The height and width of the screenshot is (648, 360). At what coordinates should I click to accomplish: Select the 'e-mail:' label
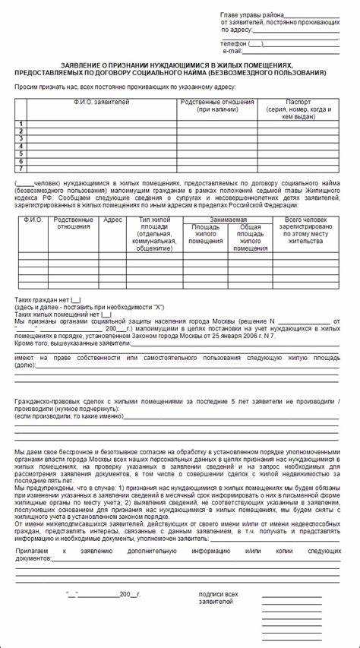click(231, 51)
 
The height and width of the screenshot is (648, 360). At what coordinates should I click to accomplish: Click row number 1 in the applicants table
click(21, 123)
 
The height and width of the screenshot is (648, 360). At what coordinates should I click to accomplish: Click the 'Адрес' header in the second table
click(113, 220)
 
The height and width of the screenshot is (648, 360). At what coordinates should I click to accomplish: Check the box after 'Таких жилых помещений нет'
click(106, 314)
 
